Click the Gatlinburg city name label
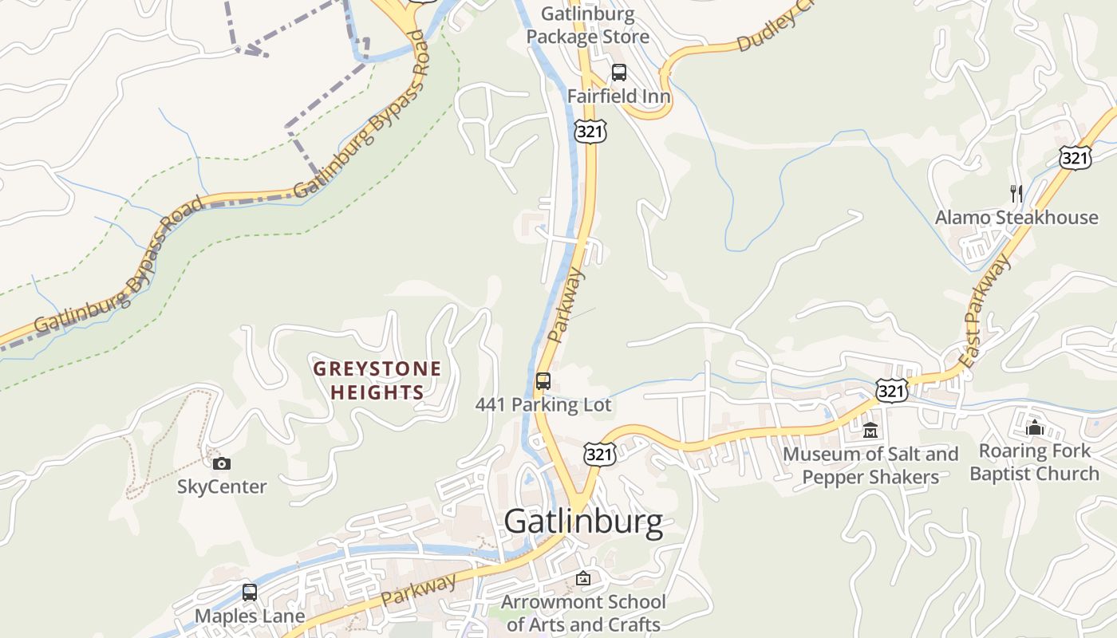[x=583, y=522]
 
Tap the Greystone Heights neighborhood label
[x=377, y=380]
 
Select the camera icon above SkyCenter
[x=222, y=463]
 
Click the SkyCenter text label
[x=222, y=486]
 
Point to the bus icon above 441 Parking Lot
[x=543, y=380]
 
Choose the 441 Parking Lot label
[x=543, y=405]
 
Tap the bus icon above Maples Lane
[x=250, y=593]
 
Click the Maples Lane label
[x=250, y=616]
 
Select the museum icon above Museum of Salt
[x=870, y=431]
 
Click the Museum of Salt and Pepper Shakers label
[x=870, y=466]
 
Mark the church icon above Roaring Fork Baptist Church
[x=1035, y=427]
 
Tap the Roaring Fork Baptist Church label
[x=1035, y=463]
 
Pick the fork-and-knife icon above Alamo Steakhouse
[x=1016, y=193]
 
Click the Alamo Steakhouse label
[x=1016, y=218]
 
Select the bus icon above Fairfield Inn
[x=619, y=73]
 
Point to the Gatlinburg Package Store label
[x=588, y=26]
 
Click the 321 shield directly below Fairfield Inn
[x=590, y=132]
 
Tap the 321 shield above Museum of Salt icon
[x=891, y=391]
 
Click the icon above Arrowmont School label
[x=583, y=578]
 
